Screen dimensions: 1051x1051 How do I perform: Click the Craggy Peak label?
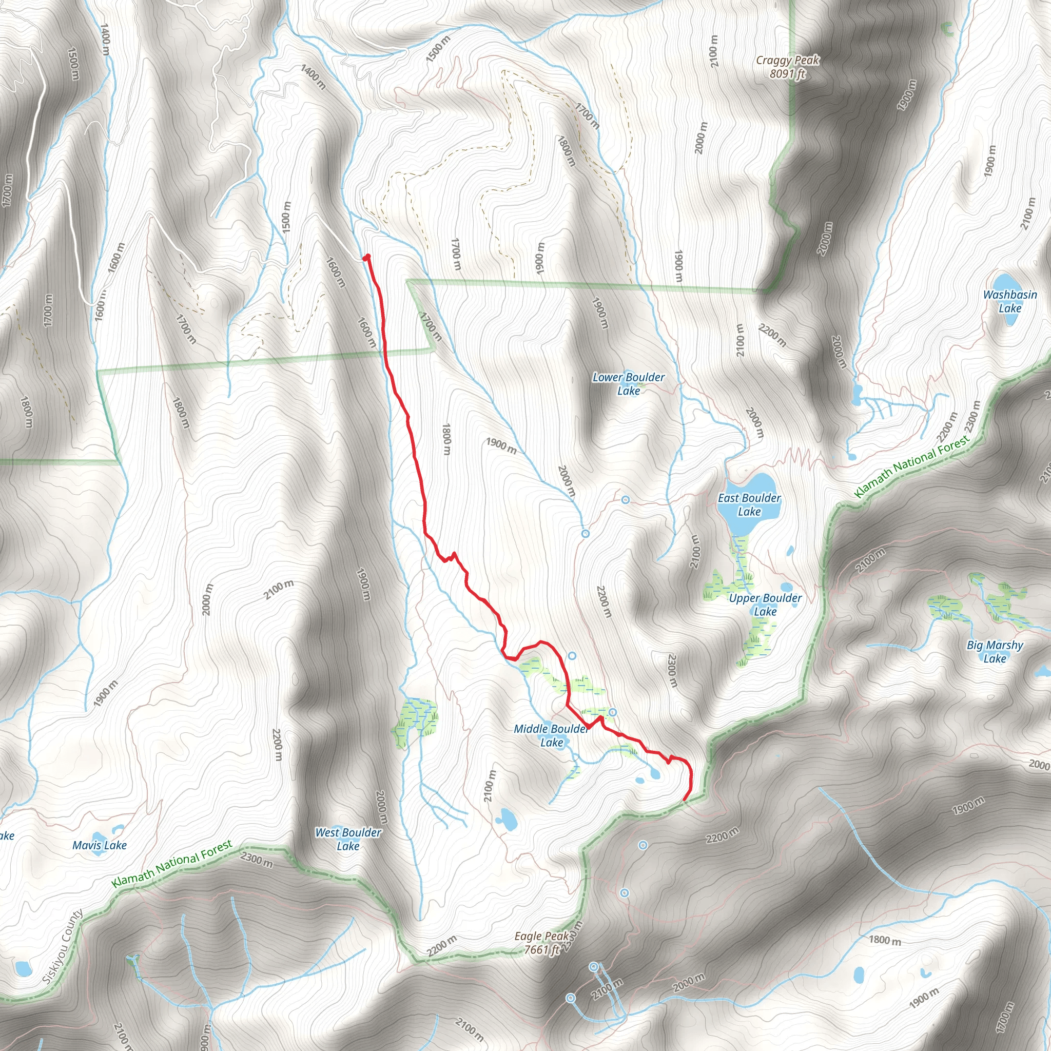pos(787,60)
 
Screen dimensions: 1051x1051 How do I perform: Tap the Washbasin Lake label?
pos(1009,301)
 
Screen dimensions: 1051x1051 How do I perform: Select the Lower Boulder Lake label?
pos(628,383)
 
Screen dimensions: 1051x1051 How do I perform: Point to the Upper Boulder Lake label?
pos(765,605)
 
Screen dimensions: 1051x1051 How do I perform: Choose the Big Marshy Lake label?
pos(995,652)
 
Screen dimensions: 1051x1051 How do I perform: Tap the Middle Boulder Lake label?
pos(551,735)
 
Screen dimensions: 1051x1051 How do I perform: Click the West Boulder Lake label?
pos(348,839)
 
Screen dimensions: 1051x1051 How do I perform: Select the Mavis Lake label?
pos(100,845)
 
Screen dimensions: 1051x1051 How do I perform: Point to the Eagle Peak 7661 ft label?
pos(542,943)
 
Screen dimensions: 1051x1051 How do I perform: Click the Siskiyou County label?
pos(62,946)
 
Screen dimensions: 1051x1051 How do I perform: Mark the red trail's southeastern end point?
pos(684,800)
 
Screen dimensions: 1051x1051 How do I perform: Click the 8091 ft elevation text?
pos(787,73)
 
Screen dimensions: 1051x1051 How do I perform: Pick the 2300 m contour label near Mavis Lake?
pos(256,860)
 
